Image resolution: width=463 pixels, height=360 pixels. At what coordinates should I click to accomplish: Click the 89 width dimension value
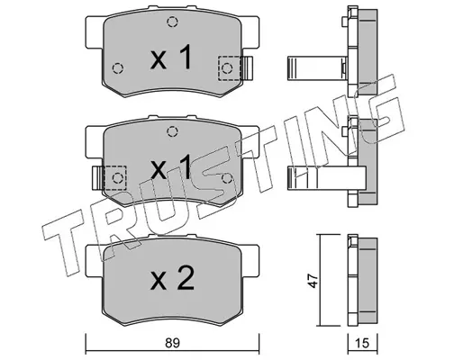click(172, 343)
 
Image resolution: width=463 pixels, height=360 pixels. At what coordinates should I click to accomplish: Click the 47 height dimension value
click(313, 281)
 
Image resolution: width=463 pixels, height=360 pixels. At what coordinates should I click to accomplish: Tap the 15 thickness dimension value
click(362, 343)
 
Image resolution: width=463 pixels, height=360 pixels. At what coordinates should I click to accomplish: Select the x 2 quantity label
click(172, 278)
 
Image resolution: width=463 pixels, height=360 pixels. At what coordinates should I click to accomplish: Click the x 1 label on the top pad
click(171, 57)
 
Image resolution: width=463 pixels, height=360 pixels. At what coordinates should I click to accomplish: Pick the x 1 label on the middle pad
click(171, 166)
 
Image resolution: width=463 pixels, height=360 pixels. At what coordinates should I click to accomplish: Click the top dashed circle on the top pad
click(172, 22)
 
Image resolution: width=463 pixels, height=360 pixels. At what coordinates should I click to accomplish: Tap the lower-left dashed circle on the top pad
click(117, 68)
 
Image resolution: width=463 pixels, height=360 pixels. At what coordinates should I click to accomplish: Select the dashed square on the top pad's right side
click(230, 68)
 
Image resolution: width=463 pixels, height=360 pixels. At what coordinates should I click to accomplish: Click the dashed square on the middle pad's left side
click(114, 177)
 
